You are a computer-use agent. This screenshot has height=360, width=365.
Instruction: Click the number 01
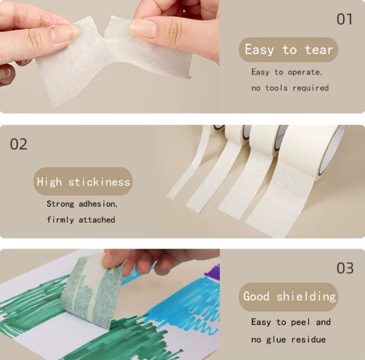point(344,19)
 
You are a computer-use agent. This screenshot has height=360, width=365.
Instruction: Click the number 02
point(19,144)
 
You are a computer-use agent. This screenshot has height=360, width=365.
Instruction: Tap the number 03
point(345,268)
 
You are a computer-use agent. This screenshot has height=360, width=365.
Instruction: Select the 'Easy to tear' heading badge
point(288,50)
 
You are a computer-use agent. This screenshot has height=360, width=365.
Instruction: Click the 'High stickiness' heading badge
point(83,182)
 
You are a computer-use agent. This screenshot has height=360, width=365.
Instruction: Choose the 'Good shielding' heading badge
point(289,296)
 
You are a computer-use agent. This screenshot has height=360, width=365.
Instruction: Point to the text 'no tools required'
point(290,88)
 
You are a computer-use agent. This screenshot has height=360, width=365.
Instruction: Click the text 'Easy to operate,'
point(286,72)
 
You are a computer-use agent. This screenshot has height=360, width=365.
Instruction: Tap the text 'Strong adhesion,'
point(82,204)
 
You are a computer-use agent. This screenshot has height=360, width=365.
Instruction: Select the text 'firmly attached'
point(81,220)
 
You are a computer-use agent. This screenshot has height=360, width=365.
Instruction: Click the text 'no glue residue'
point(288,339)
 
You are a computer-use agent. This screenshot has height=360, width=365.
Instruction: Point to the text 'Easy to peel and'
point(291,322)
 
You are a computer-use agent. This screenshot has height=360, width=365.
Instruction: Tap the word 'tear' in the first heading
point(318,50)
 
